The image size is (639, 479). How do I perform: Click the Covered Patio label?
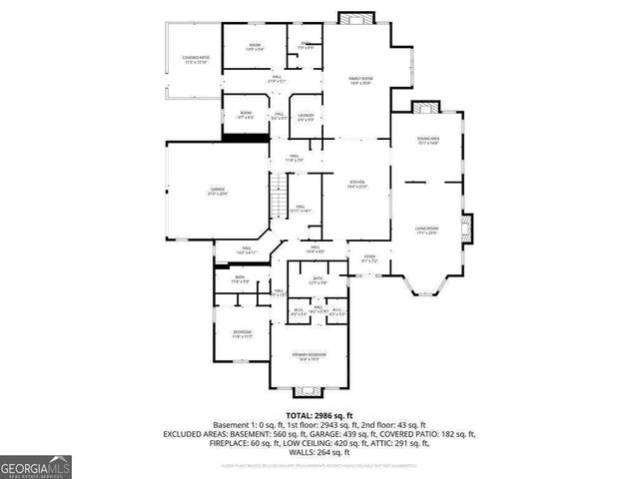[x=195, y=60]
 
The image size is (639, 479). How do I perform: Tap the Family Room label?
[x=360, y=80]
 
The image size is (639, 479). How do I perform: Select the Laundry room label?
[x=306, y=118]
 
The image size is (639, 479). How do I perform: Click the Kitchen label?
[x=356, y=185]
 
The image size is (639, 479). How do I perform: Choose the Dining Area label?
[x=427, y=141]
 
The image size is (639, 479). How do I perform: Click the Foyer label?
[x=368, y=258]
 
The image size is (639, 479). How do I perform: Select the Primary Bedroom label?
[x=308, y=356]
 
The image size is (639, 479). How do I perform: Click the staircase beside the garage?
[x=280, y=200]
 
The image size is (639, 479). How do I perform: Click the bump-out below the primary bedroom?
[x=308, y=387]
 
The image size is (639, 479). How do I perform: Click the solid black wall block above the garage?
[x=245, y=136]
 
